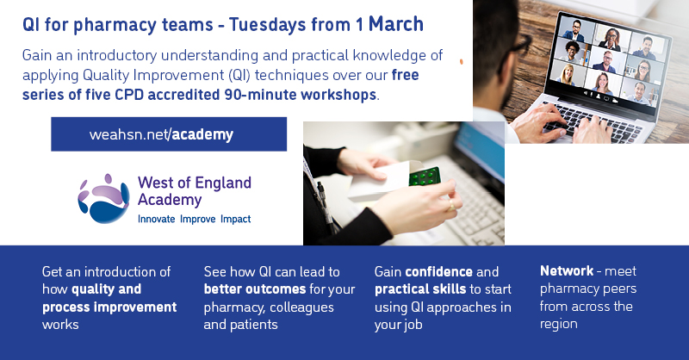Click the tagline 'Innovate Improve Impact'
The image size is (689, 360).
point(195,220)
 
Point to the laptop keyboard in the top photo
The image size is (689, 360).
point(594,119)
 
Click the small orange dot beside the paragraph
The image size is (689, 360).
point(462,62)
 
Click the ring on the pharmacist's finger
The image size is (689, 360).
point(449,207)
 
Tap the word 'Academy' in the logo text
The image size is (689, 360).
point(170,200)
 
